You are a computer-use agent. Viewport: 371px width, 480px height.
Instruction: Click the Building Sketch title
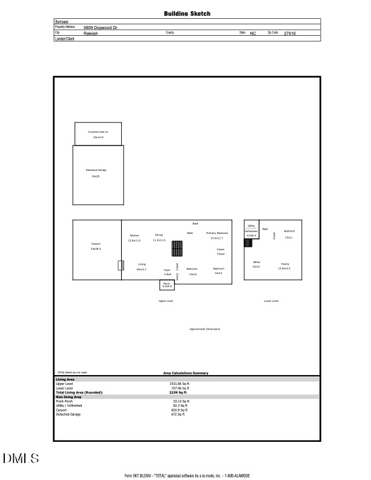[x=187, y=13]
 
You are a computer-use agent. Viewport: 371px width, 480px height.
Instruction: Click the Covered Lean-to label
[x=98, y=132]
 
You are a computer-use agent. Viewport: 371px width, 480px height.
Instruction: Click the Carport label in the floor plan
[x=96, y=244]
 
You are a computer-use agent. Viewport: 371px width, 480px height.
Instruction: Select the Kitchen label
[x=135, y=235]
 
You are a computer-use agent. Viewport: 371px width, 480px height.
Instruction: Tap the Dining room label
[x=159, y=235]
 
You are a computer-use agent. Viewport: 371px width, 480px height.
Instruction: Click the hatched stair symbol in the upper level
[x=177, y=249]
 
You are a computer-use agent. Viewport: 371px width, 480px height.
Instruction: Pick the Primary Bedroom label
[x=217, y=233]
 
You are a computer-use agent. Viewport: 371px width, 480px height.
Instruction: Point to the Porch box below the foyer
[x=167, y=284]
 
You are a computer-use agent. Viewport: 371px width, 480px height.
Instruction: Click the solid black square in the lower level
[x=248, y=242]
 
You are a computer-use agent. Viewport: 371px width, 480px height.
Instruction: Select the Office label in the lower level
[x=256, y=262]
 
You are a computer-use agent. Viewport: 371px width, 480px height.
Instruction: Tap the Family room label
[x=284, y=264]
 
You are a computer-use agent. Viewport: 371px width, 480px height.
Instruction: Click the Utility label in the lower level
[x=251, y=225]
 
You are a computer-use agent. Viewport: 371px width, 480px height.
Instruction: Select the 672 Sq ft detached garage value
[x=178, y=414]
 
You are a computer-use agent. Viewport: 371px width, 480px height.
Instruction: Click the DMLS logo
[x=21, y=458]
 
